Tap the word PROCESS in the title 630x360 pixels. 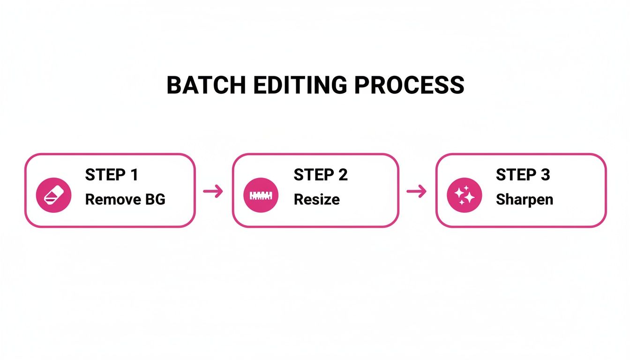409,86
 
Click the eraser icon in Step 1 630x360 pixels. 54,195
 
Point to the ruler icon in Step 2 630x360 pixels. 261,195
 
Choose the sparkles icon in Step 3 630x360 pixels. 464,195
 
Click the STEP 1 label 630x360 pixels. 112,175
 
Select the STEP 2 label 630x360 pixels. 321,175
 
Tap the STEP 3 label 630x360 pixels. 523,175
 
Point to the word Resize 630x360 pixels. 317,200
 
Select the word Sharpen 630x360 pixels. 525,200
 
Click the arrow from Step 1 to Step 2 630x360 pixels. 213,191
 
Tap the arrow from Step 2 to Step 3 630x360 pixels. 417,191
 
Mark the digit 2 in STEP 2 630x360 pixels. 343,175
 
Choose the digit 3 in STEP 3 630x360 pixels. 545,175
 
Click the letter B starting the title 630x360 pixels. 174,86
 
